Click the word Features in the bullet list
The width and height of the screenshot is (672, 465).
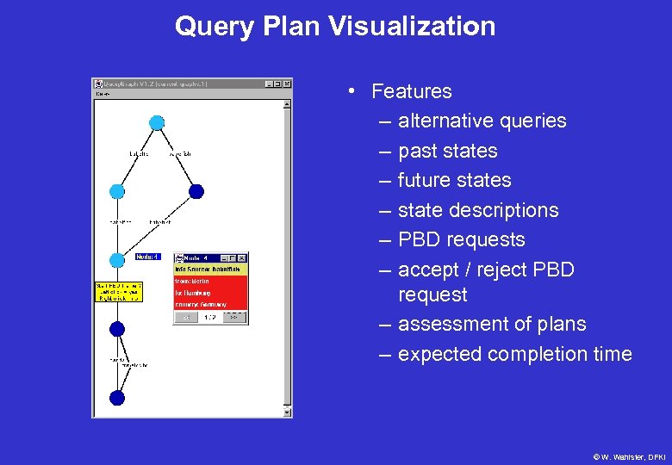[411, 91]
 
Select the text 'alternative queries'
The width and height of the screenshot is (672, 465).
[482, 121]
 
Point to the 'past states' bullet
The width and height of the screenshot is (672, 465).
[447, 151]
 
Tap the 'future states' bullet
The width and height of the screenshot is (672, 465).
[454, 180]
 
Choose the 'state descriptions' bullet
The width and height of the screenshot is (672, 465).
[477, 210]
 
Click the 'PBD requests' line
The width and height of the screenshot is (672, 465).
[461, 239]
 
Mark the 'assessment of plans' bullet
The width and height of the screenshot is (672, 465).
[491, 324]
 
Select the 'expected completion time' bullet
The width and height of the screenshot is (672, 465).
[514, 354]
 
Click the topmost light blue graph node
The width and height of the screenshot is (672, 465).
[157, 122]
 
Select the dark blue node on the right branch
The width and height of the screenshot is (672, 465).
[196, 191]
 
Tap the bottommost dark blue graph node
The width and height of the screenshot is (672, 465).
[117, 397]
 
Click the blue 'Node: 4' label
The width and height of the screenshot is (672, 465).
[147, 257]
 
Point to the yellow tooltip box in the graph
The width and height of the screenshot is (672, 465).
[118, 291]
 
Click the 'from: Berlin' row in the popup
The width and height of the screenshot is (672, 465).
[210, 281]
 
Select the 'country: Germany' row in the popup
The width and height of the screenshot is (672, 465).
[210, 304]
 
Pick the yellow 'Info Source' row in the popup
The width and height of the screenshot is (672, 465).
[210, 269]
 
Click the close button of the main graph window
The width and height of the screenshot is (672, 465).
[287, 84]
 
